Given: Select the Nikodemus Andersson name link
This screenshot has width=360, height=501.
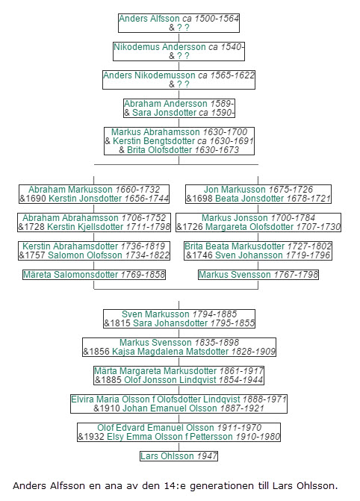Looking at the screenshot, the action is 160,47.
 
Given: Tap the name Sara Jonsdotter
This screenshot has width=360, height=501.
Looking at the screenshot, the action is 164,113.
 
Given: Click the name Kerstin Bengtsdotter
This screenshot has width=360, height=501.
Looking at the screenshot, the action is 153,141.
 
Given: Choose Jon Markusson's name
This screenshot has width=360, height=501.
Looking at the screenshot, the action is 235,190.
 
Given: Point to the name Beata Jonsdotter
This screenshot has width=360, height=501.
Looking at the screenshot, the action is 249,199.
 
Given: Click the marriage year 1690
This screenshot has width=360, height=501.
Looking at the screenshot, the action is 35,199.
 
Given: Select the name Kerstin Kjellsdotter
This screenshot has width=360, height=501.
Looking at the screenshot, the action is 85,227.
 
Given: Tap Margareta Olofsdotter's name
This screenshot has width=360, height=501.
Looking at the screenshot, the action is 249,227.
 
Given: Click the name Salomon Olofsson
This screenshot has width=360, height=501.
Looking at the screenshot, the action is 84,255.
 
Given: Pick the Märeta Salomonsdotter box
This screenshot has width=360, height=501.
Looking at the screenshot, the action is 94,275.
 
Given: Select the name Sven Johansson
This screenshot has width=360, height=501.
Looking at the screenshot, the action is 249,255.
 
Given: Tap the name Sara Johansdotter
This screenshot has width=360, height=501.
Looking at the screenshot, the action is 170,323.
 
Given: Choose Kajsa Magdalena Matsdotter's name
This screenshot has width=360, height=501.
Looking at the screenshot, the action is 170,352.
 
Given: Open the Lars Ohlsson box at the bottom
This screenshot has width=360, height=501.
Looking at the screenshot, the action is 179,456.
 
